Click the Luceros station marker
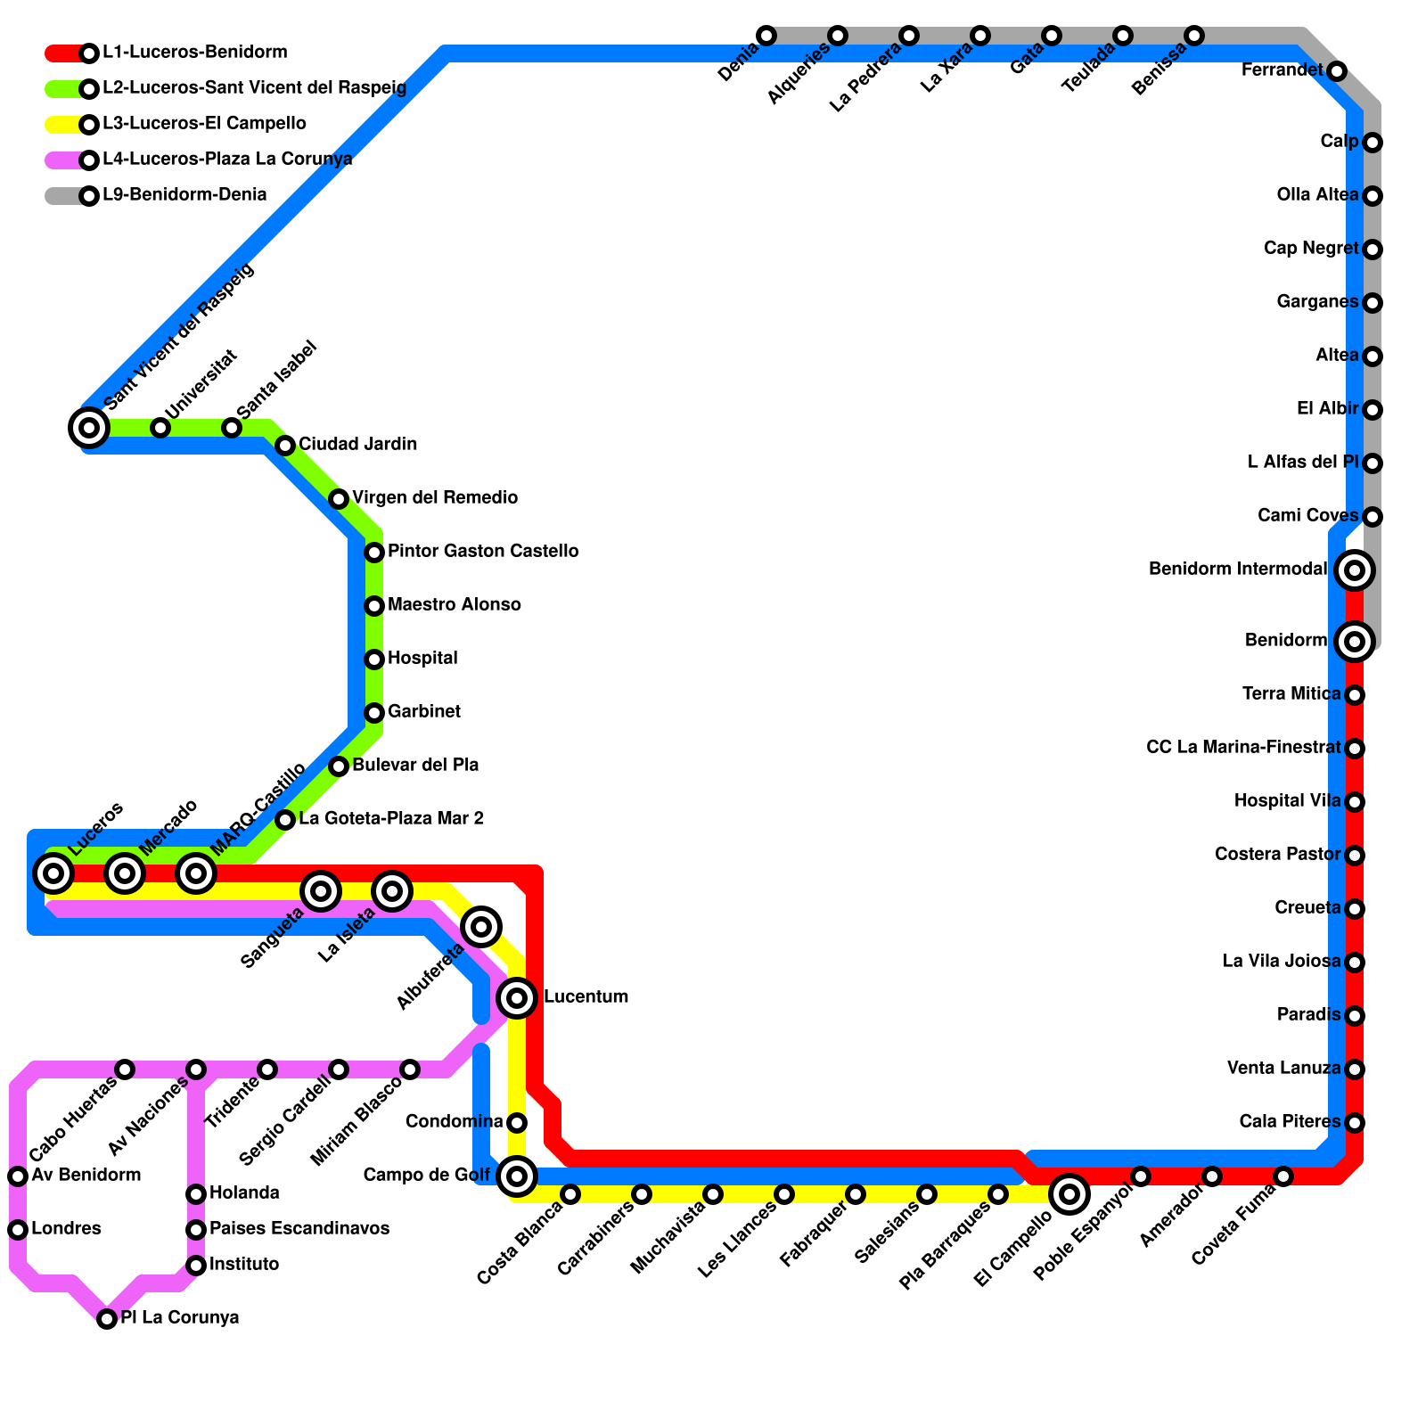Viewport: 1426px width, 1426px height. pyautogui.click(x=53, y=873)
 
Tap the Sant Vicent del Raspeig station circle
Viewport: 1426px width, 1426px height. pyautogui.click(x=89, y=428)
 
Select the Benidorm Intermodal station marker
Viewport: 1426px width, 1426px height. pyautogui.click(x=1355, y=570)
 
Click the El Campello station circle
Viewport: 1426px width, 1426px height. pyautogui.click(x=1069, y=1194)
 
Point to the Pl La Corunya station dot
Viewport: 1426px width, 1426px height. pyautogui.click(x=107, y=1319)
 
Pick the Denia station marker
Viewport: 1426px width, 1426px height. pyautogui.click(x=766, y=36)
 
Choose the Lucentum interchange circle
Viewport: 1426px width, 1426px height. pyautogui.click(x=517, y=997)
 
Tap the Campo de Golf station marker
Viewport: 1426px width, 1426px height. pyautogui.click(x=517, y=1176)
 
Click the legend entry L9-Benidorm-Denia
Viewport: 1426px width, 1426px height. pyautogui.click(x=184, y=195)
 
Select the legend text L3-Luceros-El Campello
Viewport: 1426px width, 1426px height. pyautogui.click(x=204, y=124)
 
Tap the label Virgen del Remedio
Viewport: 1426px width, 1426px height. pyautogui.click(x=434, y=498)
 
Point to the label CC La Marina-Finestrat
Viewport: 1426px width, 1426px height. pyautogui.click(x=1242, y=748)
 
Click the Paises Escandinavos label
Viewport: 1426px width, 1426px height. pyautogui.click(x=299, y=1229)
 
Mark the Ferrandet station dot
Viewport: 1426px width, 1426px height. pyautogui.click(x=1337, y=71)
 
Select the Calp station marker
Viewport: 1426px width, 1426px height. pyautogui.click(x=1373, y=143)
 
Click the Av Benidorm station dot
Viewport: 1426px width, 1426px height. pyautogui.click(x=18, y=1176)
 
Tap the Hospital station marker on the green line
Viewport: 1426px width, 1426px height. pyautogui.click(x=374, y=660)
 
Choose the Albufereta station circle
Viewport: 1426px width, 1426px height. pyautogui.click(x=481, y=927)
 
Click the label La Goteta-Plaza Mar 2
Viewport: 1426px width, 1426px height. pyautogui.click(x=390, y=819)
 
